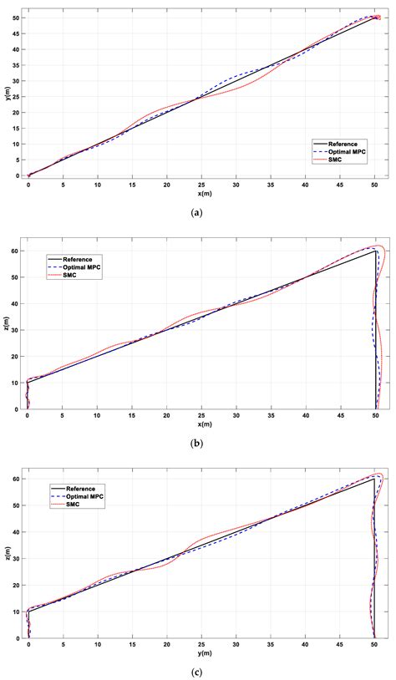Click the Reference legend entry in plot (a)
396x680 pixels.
pos(340,144)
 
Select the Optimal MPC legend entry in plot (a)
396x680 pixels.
pos(343,151)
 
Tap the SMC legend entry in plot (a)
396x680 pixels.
pos(334,159)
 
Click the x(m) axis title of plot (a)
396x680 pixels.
pos(201,193)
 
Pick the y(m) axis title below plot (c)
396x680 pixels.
pos(201,652)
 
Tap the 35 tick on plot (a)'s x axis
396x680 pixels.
pos(271,185)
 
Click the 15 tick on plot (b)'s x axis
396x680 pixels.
pos(132,416)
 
